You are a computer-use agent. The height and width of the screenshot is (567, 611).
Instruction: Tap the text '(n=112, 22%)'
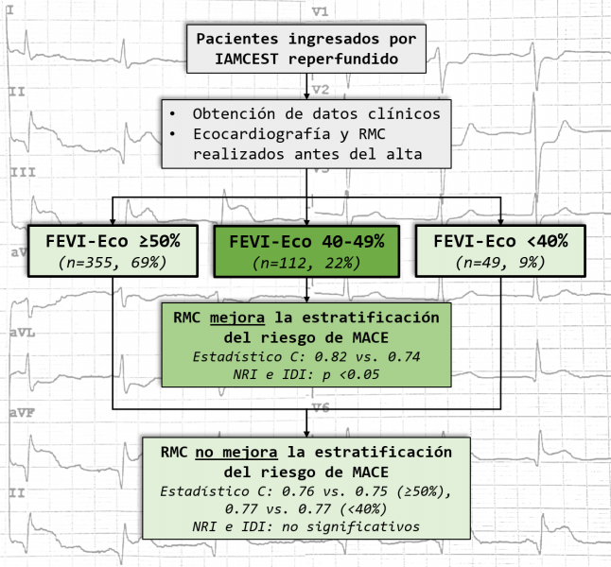click(307, 262)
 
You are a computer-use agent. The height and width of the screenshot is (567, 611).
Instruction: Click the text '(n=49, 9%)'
click(499, 262)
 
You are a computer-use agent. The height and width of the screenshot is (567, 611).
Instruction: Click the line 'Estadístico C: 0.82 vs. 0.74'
click(305, 357)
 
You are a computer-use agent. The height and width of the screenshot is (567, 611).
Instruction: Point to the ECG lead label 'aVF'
click(24, 415)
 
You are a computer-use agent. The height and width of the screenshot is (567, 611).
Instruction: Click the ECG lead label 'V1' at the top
click(319, 11)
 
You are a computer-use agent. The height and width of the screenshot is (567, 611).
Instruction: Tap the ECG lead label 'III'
click(22, 174)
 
